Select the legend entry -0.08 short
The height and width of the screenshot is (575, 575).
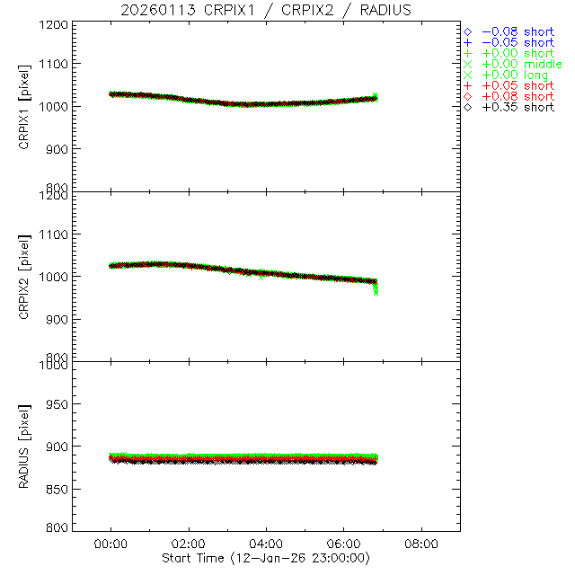(517, 31)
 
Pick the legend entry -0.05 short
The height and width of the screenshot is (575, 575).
(517, 42)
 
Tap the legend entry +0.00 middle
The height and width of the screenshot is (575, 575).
(521, 64)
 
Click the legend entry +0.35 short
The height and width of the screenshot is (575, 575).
(517, 107)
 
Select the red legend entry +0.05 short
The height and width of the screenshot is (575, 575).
(517, 85)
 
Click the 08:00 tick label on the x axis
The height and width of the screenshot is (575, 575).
(421, 544)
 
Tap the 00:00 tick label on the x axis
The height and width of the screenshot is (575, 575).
(111, 544)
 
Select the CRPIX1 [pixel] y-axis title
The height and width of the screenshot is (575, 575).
(24, 106)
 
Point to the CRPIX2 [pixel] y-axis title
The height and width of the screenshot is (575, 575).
(24, 276)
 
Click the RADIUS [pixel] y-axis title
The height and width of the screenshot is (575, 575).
(24, 447)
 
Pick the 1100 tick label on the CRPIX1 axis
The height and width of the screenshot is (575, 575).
(53, 64)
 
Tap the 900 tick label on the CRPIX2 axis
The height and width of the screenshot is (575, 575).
(56, 319)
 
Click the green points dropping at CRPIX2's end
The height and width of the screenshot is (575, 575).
(376, 289)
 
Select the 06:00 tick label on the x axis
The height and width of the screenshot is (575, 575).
(344, 544)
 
